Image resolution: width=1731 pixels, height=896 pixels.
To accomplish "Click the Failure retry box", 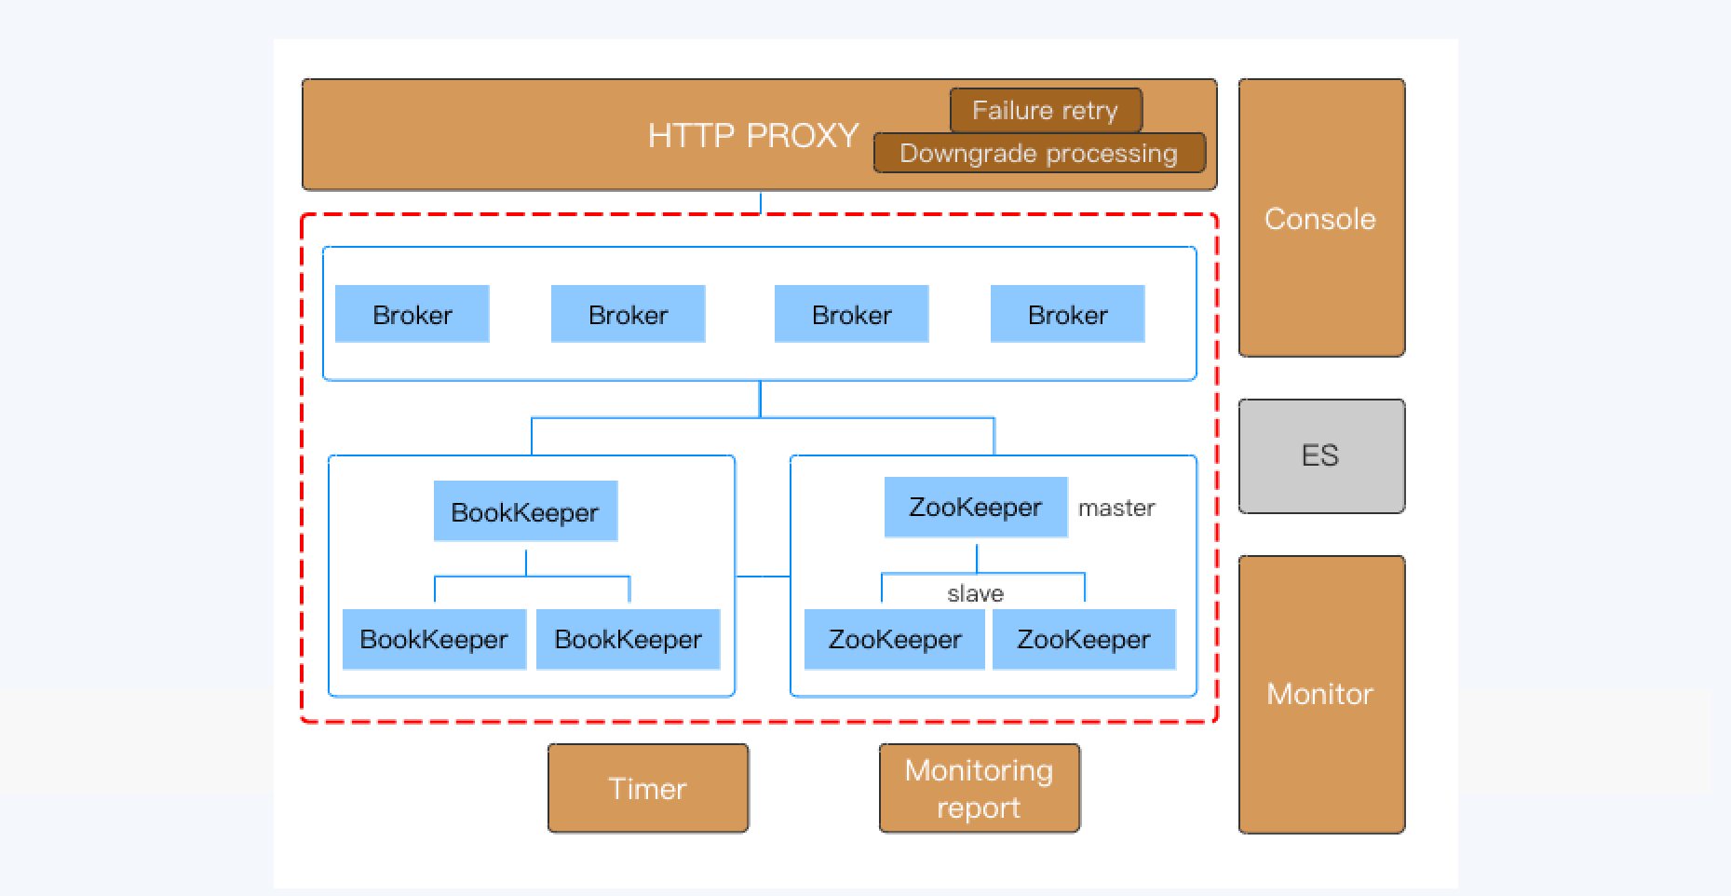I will click(1046, 111).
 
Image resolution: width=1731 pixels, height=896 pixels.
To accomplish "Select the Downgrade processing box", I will click(1039, 154).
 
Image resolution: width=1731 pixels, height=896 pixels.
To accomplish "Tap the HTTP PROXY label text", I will click(752, 136).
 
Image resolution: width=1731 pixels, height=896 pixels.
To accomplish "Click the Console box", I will click(1320, 218).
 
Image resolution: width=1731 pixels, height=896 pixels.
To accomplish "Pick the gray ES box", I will click(1320, 456).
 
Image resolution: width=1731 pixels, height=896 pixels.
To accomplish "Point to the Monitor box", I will click(1320, 694).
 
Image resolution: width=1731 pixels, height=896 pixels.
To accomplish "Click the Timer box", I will click(648, 788).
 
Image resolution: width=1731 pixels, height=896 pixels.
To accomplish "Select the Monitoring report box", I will click(980, 788).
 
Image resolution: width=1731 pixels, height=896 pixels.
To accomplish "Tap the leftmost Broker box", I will click(412, 315).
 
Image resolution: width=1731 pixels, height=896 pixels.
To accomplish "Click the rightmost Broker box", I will click(1067, 315).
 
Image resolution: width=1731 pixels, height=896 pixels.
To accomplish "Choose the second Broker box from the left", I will click(628, 315).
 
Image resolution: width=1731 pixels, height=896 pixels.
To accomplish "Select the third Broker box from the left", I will click(851, 315).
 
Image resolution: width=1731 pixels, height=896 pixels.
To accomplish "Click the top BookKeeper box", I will click(525, 511).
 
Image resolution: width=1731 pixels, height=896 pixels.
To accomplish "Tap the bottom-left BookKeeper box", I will click(434, 639).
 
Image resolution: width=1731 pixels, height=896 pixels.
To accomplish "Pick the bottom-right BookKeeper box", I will click(628, 639).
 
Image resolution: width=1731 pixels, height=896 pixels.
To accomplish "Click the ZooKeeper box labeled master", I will click(975, 508).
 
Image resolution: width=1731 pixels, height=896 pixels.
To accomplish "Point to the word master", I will click(1116, 509).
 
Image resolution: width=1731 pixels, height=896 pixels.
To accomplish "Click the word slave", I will click(975, 593).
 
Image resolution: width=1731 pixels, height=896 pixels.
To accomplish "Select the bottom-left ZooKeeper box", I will click(894, 639).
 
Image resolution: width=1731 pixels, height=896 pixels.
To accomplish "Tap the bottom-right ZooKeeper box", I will click(1083, 639).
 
